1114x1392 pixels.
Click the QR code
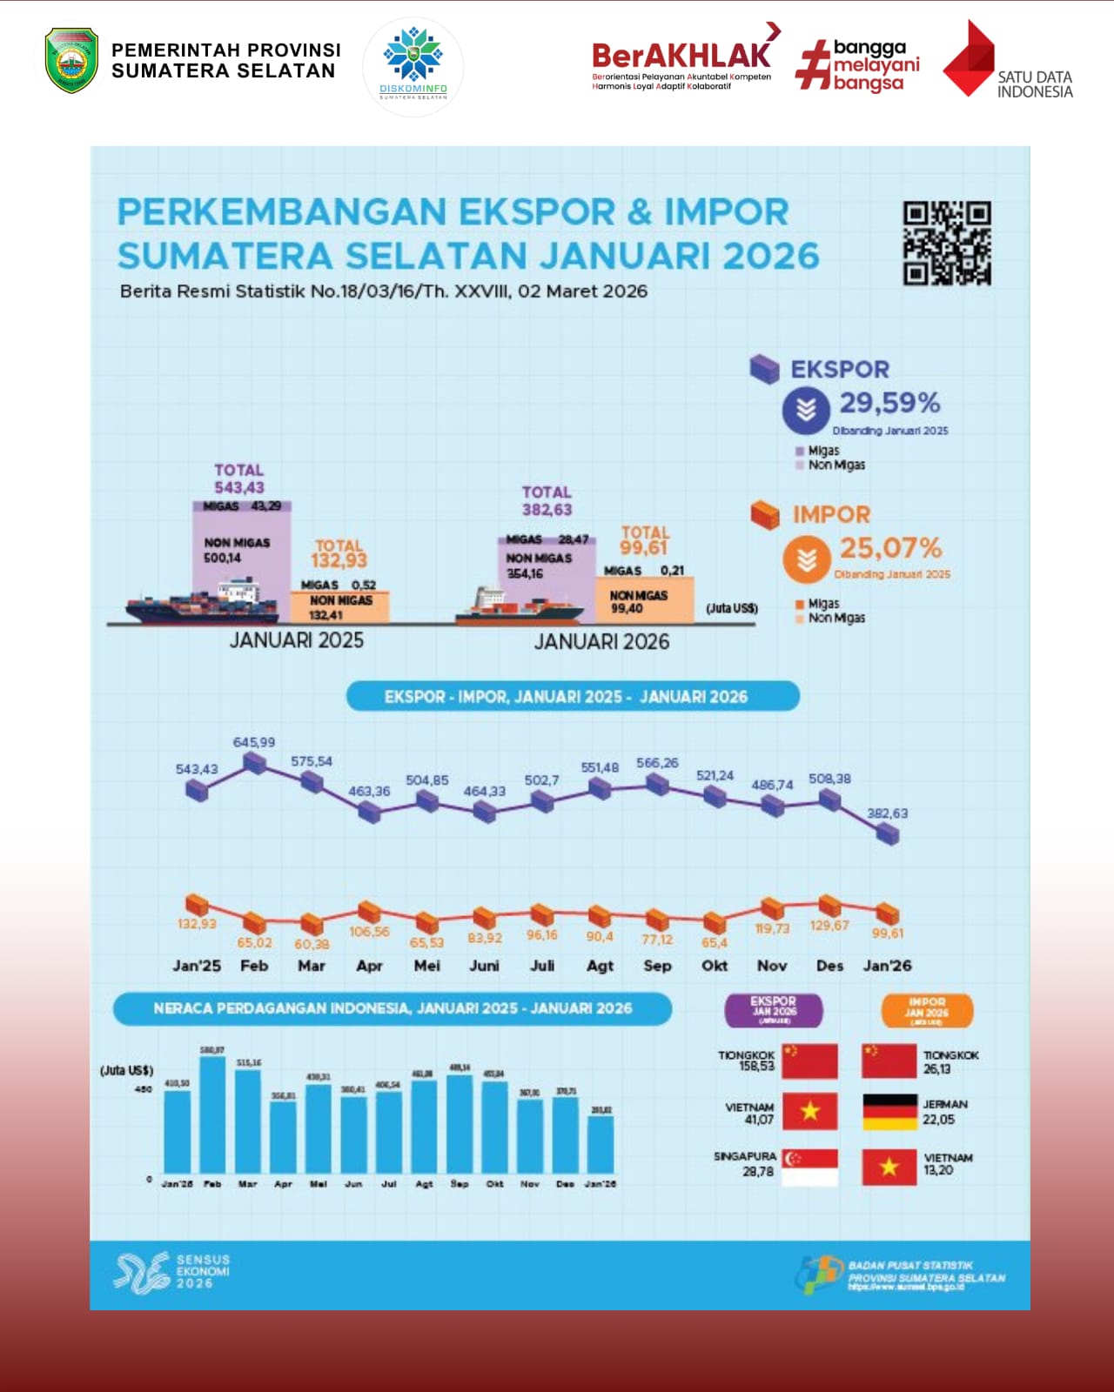(947, 244)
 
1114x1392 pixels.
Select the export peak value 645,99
(253, 742)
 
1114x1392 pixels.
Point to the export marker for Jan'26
(887, 833)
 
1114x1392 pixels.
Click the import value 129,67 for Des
(829, 926)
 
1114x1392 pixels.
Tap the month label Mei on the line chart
(426, 966)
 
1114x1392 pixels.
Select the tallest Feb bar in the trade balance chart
(212, 1114)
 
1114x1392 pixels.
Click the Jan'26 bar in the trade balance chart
(601, 1144)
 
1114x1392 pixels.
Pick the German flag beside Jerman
(889, 1112)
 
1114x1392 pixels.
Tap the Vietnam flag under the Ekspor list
(810, 1112)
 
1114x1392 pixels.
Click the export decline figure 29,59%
(889, 403)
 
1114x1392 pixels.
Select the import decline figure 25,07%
(890, 548)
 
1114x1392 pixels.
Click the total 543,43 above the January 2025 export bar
(239, 488)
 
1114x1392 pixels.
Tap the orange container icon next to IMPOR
(765, 515)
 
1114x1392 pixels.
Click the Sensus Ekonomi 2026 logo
(171, 1272)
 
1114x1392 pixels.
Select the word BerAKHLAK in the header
(681, 56)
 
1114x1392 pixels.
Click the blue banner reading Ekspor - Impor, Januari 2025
(572, 697)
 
